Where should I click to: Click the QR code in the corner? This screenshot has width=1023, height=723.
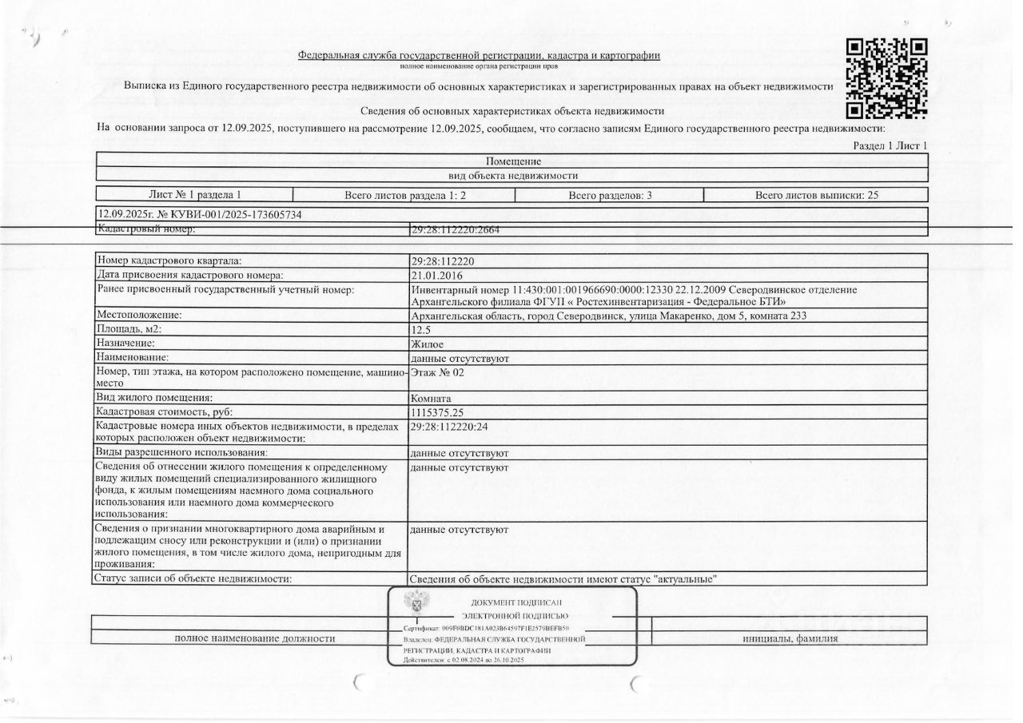886,77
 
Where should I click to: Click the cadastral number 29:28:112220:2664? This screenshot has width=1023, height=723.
455,230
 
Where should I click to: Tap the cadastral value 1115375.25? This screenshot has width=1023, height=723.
436,411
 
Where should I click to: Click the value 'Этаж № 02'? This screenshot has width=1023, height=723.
436,371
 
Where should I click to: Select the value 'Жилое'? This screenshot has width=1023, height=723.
427,344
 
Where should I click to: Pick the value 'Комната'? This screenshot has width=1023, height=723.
431,398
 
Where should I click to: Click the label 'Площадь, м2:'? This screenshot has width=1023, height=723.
128,329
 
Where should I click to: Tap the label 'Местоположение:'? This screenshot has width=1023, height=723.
139,316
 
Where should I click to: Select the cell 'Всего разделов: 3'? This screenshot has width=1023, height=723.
610,195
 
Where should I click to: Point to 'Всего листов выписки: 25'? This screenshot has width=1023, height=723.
816,195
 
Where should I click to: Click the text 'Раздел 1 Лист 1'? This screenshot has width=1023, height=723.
890,146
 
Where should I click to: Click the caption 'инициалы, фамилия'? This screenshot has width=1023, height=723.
790,638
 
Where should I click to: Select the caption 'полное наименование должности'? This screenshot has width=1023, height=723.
254,638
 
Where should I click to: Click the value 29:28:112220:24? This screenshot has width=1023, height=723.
449,427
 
